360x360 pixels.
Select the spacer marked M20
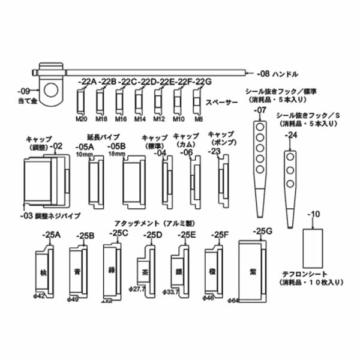(81, 98)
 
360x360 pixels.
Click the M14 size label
(139, 119)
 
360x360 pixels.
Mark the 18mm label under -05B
(116, 154)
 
